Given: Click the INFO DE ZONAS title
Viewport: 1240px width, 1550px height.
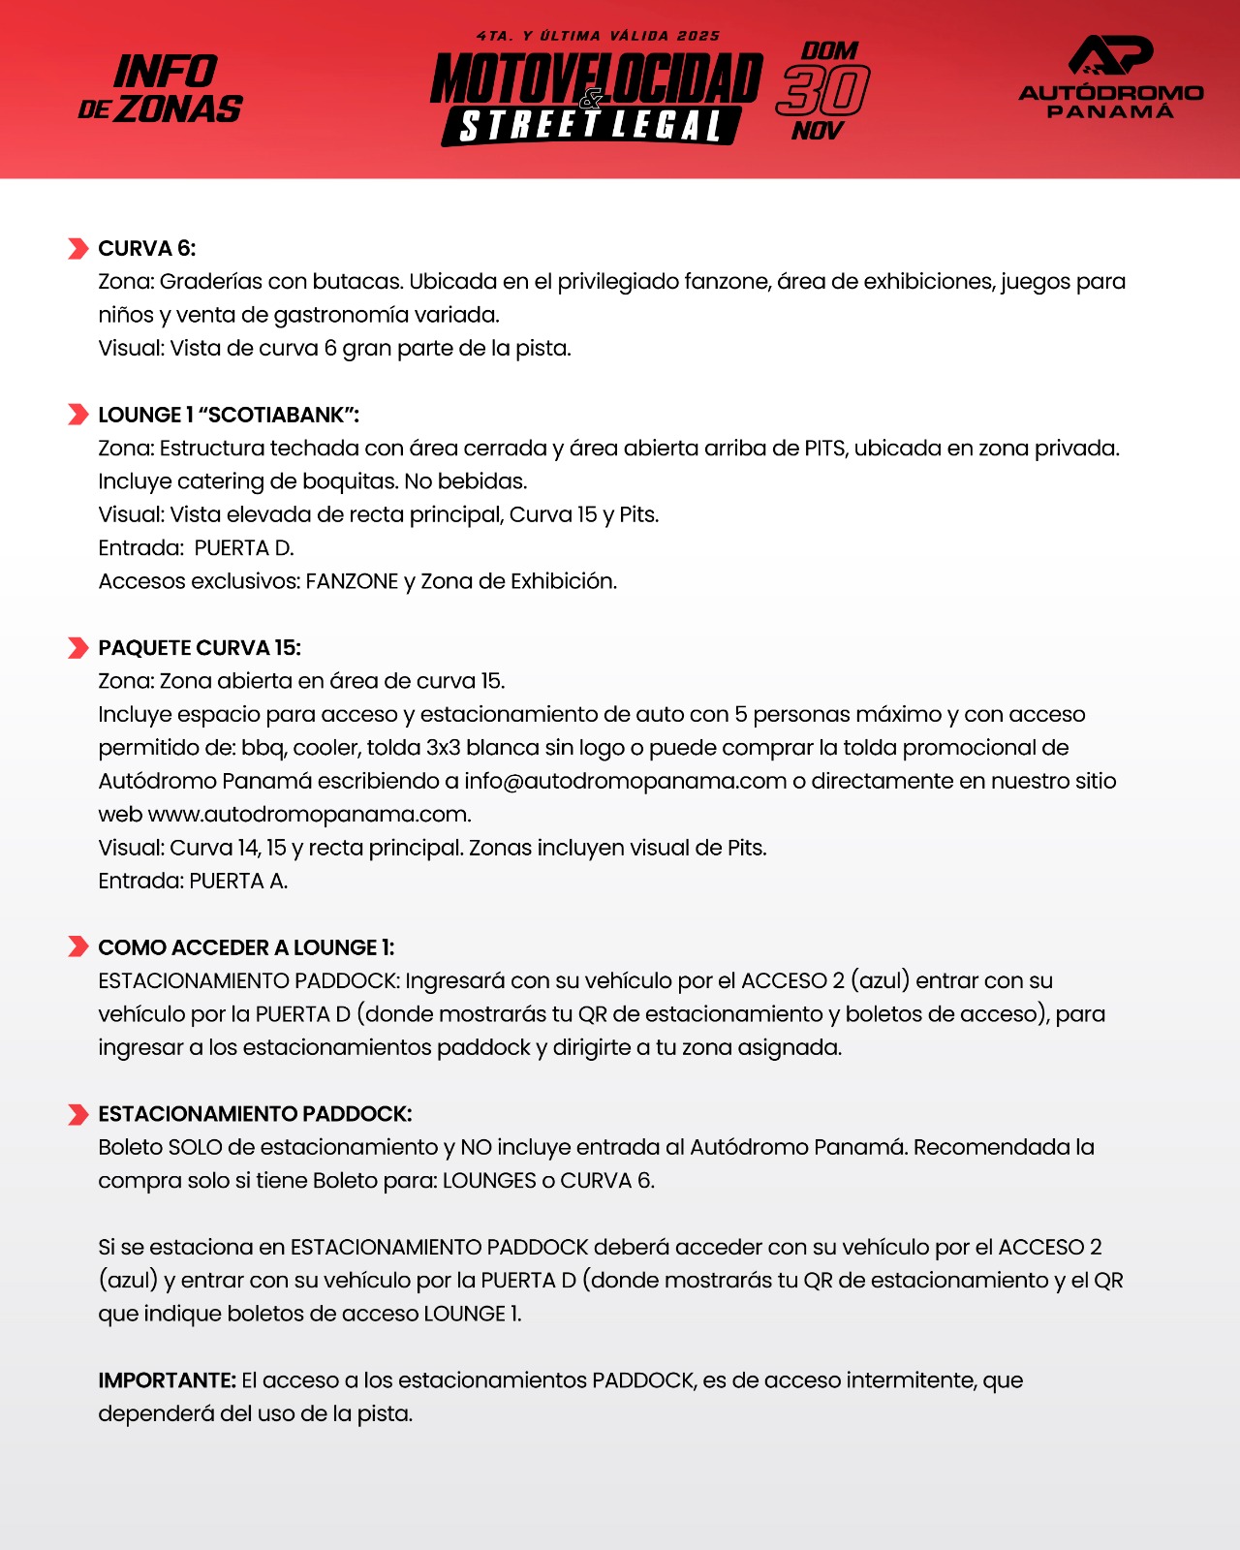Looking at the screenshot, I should pyautogui.click(x=162, y=89).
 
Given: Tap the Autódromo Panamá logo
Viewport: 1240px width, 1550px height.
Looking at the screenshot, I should pyautogui.click(x=1110, y=77).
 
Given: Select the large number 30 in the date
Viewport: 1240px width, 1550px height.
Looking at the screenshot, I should pyautogui.click(x=822, y=91).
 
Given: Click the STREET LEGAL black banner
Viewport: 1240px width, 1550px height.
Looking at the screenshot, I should pyautogui.click(x=590, y=126).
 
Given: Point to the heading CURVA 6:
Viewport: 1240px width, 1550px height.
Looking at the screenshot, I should pyautogui.click(x=147, y=249).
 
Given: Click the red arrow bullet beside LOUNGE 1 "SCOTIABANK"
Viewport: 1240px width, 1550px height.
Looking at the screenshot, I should pyautogui.click(x=77, y=415).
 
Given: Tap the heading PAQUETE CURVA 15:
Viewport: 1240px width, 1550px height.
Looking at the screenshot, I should pyautogui.click(x=200, y=648).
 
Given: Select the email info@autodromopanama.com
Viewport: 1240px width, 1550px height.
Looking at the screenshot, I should pyautogui.click(x=625, y=781).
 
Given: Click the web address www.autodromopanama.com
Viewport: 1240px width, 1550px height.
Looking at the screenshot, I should pyautogui.click(x=309, y=815).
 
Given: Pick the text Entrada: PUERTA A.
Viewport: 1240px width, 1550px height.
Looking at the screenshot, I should pyautogui.click(x=193, y=881).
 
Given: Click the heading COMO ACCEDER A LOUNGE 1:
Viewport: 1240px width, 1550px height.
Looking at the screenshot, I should pyautogui.click(x=246, y=947).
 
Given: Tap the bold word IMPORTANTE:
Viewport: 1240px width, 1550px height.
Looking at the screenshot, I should pyautogui.click(x=167, y=1380).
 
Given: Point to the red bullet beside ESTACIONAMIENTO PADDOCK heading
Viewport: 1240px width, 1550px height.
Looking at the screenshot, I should pyautogui.click(x=77, y=1114).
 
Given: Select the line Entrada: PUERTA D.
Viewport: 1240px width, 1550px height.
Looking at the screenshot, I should pyautogui.click(x=196, y=548).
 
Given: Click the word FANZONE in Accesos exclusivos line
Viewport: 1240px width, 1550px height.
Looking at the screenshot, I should pyautogui.click(x=352, y=581).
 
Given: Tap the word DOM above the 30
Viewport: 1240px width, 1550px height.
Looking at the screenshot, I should pyautogui.click(x=829, y=50).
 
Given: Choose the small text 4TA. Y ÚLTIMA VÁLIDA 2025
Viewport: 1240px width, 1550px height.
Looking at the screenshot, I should pyautogui.click(x=598, y=36).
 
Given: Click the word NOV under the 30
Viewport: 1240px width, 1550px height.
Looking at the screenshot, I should pyautogui.click(x=818, y=131).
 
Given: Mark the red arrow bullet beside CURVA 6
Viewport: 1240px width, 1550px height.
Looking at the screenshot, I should pyautogui.click(x=77, y=249).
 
